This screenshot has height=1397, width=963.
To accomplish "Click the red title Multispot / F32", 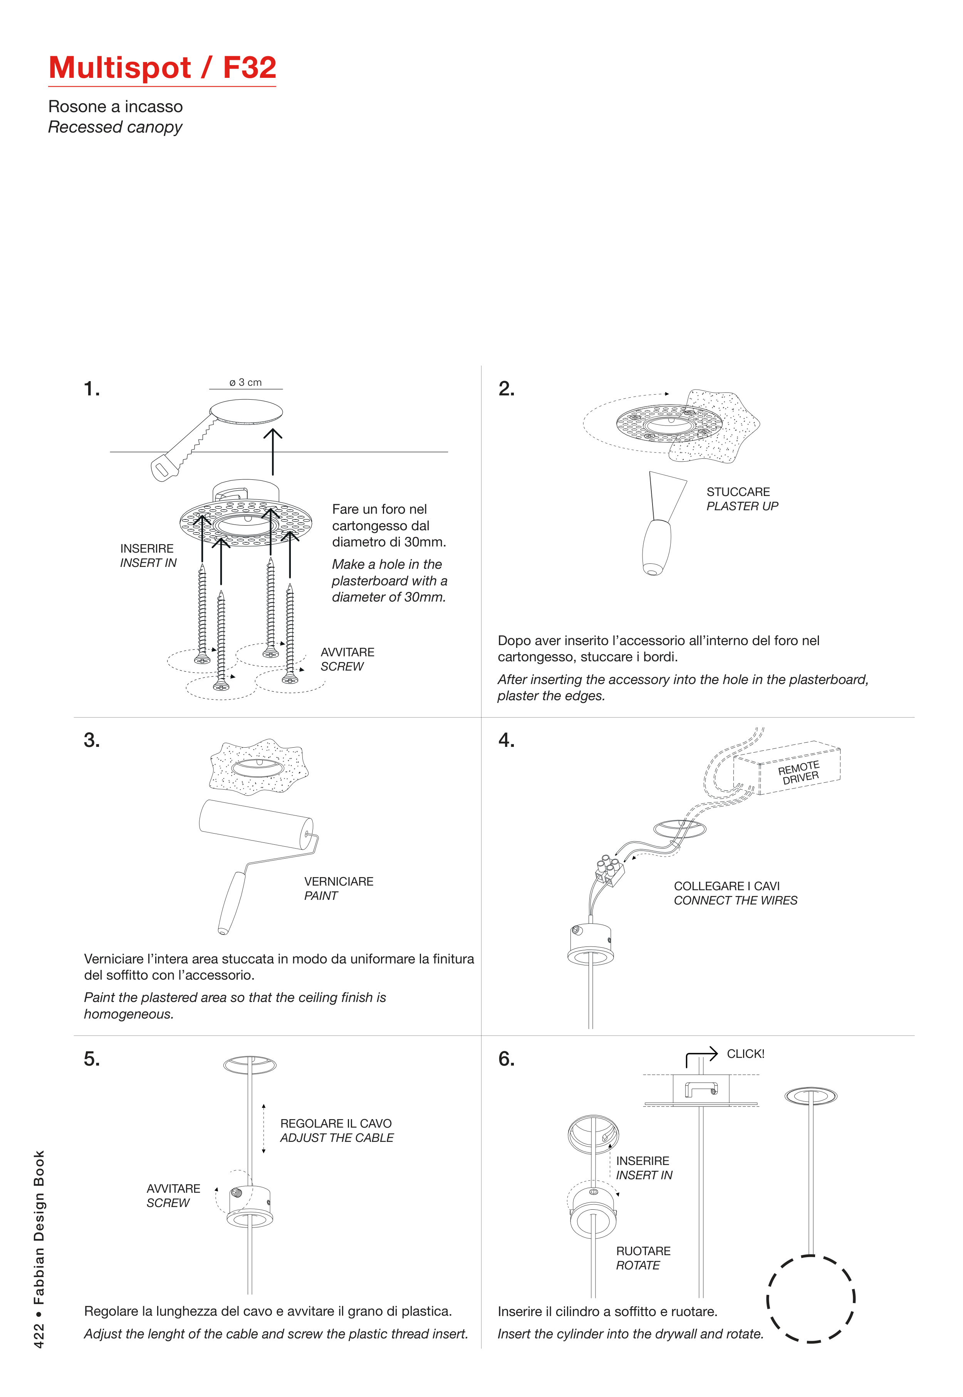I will [x=162, y=67].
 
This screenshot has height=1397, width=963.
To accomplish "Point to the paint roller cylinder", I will [x=256, y=824].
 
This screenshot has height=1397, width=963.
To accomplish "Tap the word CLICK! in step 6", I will [x=745, y=1054].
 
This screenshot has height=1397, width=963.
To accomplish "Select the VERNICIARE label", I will [x=339, y=881].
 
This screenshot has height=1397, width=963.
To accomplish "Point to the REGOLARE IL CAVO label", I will [x=336, y=1123].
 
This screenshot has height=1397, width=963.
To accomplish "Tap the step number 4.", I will [x=506, y=740].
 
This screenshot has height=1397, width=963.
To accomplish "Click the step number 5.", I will [x=92, y=1059].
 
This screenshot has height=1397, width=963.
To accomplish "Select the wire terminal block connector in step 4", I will [x=609, y=870].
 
